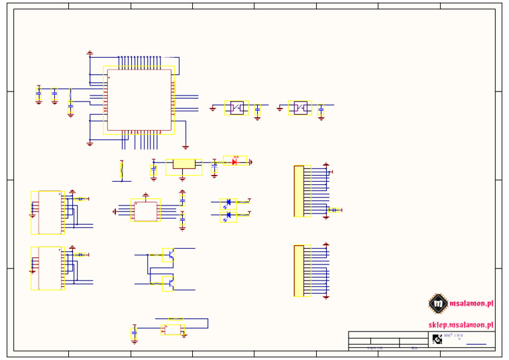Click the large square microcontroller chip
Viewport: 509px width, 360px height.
click(x=139, y=99)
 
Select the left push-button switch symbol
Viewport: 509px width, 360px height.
click(x=237, y=107)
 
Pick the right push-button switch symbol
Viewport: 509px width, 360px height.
click(x=300, y=107)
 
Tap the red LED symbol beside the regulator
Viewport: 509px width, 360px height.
click(x=235, y=161)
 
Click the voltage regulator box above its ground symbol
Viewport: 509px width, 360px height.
click(x=183, y=164)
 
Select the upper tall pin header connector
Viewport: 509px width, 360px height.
click(x=299, y=191)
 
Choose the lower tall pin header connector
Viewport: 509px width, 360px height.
click(x=299, y=270)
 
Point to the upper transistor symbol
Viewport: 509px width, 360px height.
click(x=168, y=254)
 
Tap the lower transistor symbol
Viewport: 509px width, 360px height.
click(x=168, y=282)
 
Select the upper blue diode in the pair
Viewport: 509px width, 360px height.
click(x=229, y=203)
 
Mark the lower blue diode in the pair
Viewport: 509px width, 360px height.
click(x=229, y=215)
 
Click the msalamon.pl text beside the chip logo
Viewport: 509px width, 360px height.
click(x=471, y=304)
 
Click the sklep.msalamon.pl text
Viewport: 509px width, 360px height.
click(x=461, y=325)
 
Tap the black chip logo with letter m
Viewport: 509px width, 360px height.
click(x=437, y=304)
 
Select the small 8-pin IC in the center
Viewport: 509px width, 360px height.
click(x=145, y=211)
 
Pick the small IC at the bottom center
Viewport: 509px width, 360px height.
click(x=173, y=329)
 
